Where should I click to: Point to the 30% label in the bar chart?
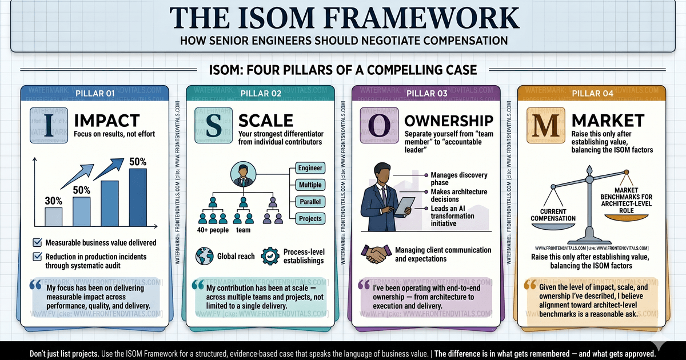(x=53, y=201)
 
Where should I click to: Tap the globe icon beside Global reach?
(x=204, y=256)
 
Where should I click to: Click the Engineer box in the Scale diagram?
(x=311, y=168)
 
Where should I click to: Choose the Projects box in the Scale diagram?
(x=311, y=218)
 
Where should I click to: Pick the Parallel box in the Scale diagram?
(x=311, y=202)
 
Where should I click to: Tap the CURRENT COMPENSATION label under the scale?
(x=553, y=215)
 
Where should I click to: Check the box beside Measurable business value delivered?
(x=37, y=242)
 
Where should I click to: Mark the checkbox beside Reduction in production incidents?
(x=37, y=257)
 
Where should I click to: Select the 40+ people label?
(x=213, y=230)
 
